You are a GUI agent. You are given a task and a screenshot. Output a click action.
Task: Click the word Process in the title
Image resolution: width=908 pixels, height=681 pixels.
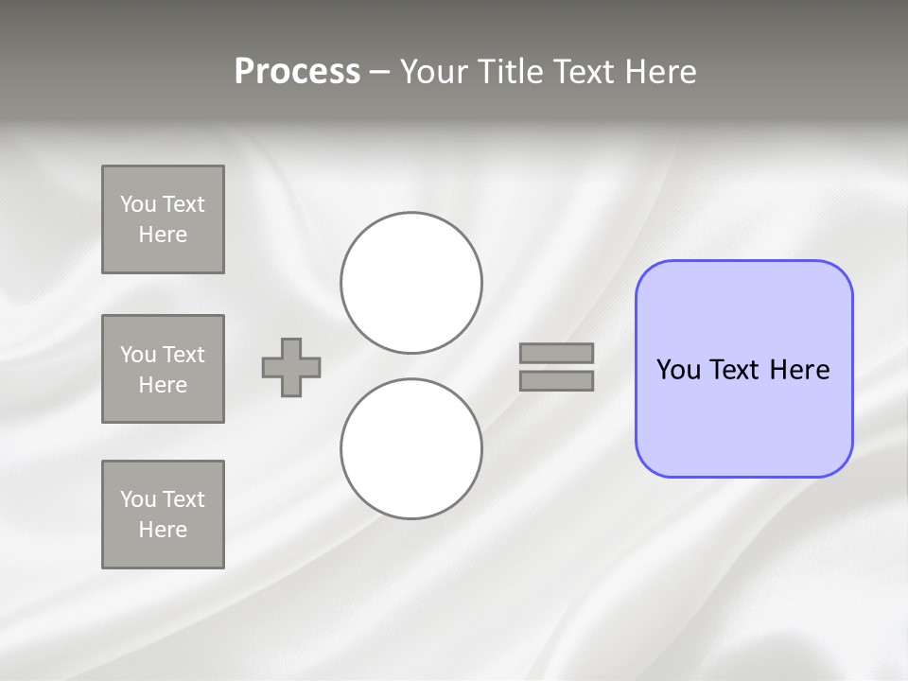click(x=297, y=72)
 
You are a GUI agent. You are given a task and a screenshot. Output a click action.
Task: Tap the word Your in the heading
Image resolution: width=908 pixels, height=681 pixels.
click(x=435, y=72)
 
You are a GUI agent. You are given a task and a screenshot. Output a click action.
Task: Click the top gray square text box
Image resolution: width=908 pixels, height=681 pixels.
click(x=163, y=219)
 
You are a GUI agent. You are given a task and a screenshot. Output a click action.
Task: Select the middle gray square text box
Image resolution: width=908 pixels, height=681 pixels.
click(x=163, y=369)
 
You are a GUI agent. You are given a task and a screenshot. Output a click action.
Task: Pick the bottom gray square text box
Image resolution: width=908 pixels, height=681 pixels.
click(x=163, y=515)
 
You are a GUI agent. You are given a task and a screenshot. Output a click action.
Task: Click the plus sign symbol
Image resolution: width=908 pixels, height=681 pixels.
click(x=291, y=367)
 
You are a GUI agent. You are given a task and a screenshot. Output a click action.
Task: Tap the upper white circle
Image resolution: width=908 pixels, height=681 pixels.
click(x=411, y=283)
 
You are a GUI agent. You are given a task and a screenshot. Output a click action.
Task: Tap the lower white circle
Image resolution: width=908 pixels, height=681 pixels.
click(x=411, y=448)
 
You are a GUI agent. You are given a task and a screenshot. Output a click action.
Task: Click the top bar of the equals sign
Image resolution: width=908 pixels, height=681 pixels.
click(x=556, y=353)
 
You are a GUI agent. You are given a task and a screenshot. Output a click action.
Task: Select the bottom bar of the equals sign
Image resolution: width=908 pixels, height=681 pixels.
click(x=556, y=380)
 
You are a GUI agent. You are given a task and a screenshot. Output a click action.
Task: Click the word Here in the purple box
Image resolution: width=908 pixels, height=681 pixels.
click(x=799, y=369)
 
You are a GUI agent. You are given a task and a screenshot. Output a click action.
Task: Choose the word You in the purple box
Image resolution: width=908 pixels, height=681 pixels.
click(x=678, y=369)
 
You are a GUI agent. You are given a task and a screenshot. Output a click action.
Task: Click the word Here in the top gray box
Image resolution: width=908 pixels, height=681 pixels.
click(x=163, y=235)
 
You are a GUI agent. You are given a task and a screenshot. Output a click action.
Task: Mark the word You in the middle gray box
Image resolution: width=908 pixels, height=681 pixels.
click(x=138, y=355)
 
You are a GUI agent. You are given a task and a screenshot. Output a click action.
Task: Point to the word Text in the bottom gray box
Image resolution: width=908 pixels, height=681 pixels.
click(x=183, y=499)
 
